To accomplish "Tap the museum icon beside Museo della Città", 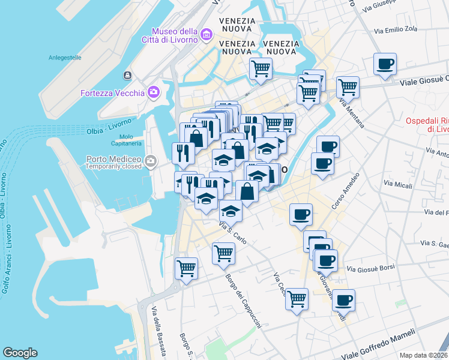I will (206, 34).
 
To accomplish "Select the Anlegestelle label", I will (65, 58).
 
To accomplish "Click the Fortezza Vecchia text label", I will (112, 92).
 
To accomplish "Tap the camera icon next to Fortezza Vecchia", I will (154, 92).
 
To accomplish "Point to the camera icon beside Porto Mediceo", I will (150, 161).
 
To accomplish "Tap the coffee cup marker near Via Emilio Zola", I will (384, 64).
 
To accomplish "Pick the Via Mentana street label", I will (352, 114).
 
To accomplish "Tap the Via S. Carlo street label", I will (233, 233).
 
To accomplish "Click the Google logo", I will (20, 353).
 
